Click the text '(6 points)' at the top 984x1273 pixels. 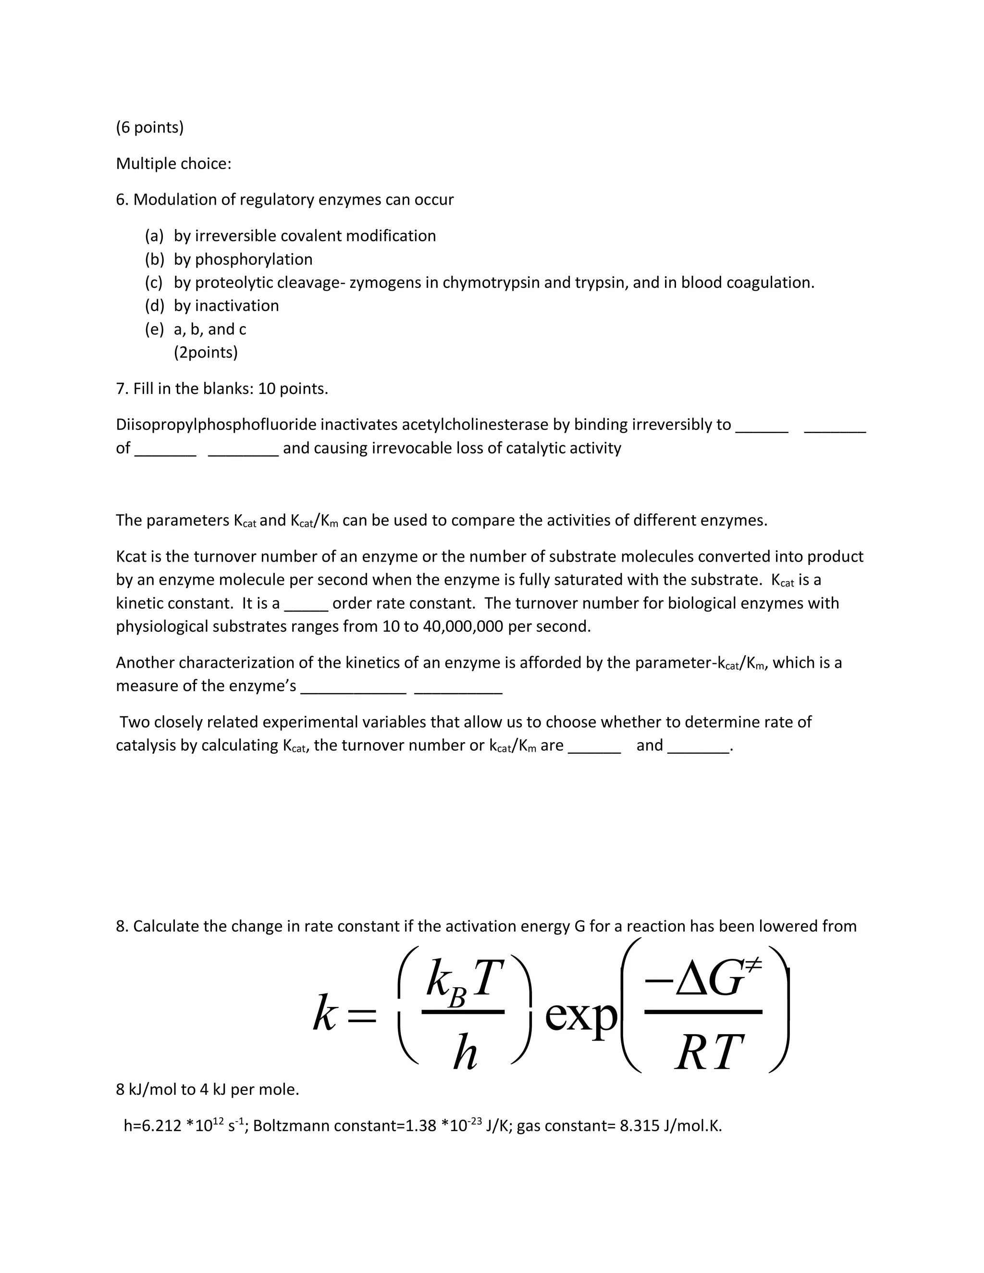tap(150, 127)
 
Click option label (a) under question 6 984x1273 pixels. tap(155, 235)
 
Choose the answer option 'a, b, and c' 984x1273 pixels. tap(210, 330)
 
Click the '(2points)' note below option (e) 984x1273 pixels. tap(206, 353)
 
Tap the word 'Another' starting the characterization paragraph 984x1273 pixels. tap(145, 663)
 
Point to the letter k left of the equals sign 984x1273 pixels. tap(325, 1015)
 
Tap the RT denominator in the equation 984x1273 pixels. tap(708, 1053)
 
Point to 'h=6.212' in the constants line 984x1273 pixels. tap(153, 1126)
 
